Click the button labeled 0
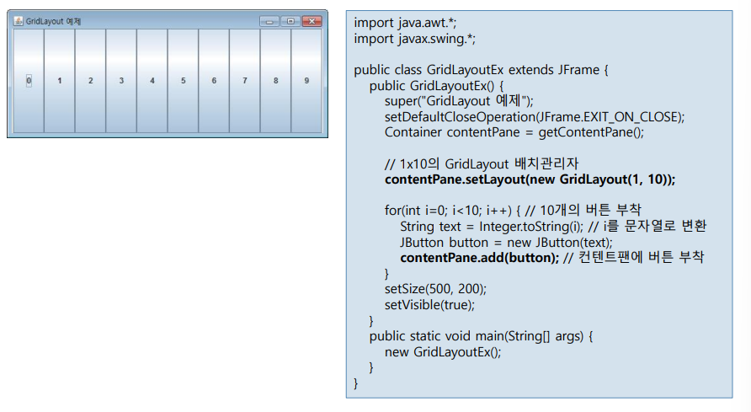coord(29,81)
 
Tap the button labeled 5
coord(183,81)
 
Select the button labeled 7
coord(244,81)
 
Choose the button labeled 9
coord(306,81)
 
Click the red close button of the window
coord(312,21)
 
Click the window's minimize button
coord(269,21)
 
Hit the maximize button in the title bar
coord(290,21)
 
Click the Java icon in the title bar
coord(19,21)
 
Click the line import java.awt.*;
coord(399,23)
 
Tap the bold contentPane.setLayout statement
coord(530,179)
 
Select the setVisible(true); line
coord(429,304)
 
